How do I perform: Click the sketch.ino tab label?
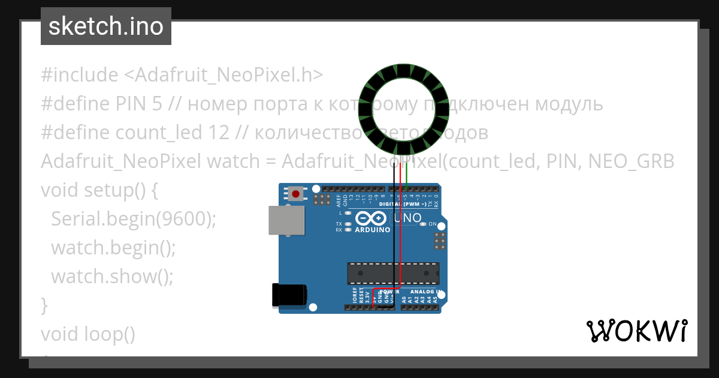(x=105, y=26)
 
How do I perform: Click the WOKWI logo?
(x=636, y=331)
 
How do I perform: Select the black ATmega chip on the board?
(x=393, y=273)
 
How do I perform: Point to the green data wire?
(x=407, y=174)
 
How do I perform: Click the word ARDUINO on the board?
(x=372, y=230)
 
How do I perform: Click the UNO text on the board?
(x=408, y=217)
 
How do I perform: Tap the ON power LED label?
(x=433, y=224)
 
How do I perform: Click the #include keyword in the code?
(x=80, y=75)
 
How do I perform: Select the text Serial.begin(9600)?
(x=133, y=219)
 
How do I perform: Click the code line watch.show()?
(x=112, y=277)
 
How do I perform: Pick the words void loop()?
(x=88, y=334)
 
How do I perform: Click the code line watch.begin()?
(x=113, y=248)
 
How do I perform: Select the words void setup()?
(x=92, y=190)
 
